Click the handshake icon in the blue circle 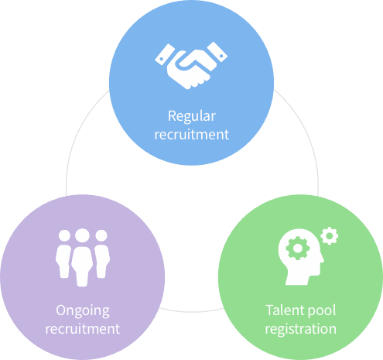[x=191, y=66]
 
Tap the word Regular [x=192, y=116]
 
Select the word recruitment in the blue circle [x=192, y=135]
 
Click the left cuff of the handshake [x=165, y=54]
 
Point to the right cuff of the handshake [x=217, y=52]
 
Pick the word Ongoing [x=83, y=310]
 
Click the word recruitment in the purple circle [x=83, y=329]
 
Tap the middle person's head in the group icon [x=83, y=235]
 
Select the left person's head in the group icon [x=64, y=235]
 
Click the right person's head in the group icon [x=101, y=235]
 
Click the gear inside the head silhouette [x=298, y=249]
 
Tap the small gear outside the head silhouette [x=330, y=235]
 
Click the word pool [x=322, y=310]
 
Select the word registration [x=301, y=329]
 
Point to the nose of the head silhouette [x=321, y=259]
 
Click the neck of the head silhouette [x=297, y=279]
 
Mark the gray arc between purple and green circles [x=191, y=311]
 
